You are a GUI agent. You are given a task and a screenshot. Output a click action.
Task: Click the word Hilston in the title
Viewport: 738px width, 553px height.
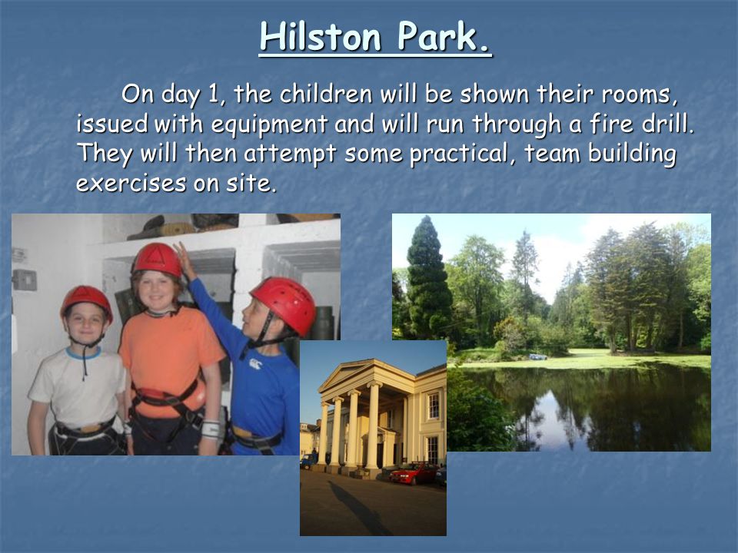[320, 36]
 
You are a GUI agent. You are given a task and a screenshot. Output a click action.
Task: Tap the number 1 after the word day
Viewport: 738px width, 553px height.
[213, 94]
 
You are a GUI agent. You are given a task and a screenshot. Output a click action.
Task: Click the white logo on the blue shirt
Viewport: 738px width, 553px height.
[255, 363]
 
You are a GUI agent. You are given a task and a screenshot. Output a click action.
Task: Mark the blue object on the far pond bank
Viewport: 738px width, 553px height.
[538, 357]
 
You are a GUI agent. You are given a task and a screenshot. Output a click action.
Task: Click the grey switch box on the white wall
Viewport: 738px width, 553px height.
[25, 280]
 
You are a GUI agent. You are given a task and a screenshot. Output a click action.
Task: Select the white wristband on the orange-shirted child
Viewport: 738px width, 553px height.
[211, 430]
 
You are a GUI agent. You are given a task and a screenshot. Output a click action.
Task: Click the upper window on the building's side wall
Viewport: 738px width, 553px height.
[433, 406]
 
